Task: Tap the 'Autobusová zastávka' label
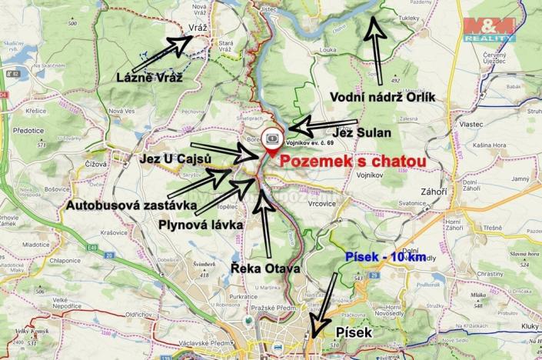click(x=126, y=206)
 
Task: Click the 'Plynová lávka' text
click(x=201, y=225)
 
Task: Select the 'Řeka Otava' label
click(x=265, y=268)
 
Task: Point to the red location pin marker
click(x=274, y=149)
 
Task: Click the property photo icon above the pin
click(x=274, y=136)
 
